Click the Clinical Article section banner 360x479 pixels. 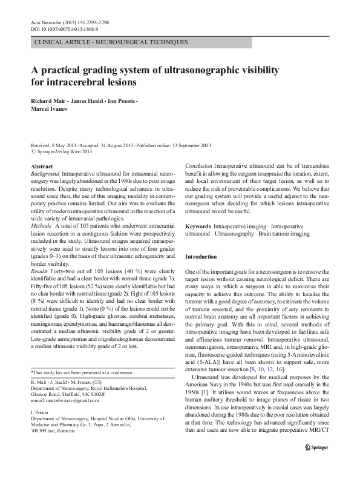(x=111, y=42)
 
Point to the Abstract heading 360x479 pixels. (x=41, y=166)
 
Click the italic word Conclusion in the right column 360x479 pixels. (x=199, y=166)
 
